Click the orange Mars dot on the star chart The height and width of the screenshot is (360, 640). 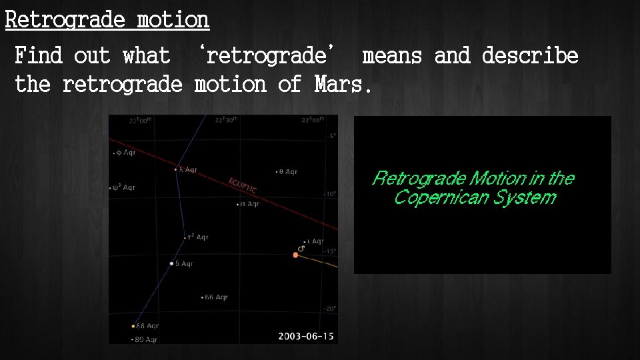click(295, 255)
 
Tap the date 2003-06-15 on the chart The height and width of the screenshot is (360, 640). click(306, 336)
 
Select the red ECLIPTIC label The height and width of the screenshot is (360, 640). click(243, 186)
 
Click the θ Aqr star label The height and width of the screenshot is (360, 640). click(288, 172)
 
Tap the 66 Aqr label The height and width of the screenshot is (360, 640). click(216, 297)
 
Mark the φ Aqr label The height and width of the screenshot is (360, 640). click(125, 153)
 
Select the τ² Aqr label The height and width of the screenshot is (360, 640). click(198, 237)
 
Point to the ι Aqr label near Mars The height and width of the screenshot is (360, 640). click(315, 241)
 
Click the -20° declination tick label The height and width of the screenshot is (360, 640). click(330, 309)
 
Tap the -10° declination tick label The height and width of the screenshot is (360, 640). click(330, 194)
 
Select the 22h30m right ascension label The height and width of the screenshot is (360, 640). click(227, 121)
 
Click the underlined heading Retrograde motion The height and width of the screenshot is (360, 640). click(107, 20)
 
